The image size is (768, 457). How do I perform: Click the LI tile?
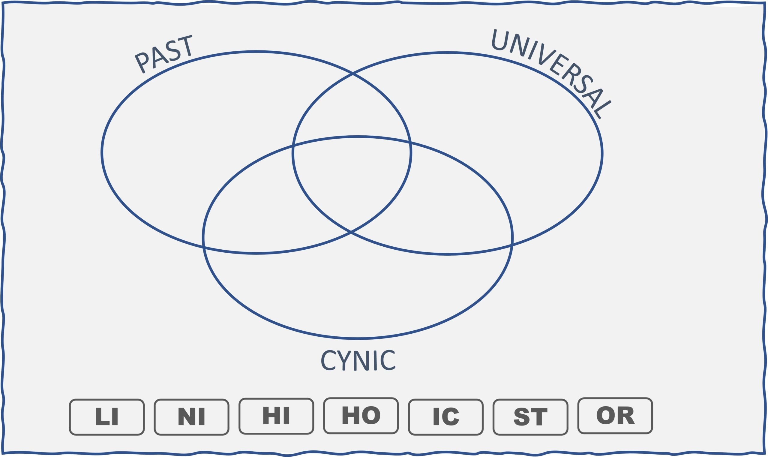point(106,417)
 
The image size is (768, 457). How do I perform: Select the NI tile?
point(191,417)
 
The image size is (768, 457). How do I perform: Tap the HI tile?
point(276,416)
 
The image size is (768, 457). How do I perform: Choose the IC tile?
point(445,417)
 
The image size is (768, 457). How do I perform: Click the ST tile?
point(530,417)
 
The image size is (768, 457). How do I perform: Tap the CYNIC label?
point(358,360)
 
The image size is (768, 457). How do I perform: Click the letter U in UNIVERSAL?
point(499,40)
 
